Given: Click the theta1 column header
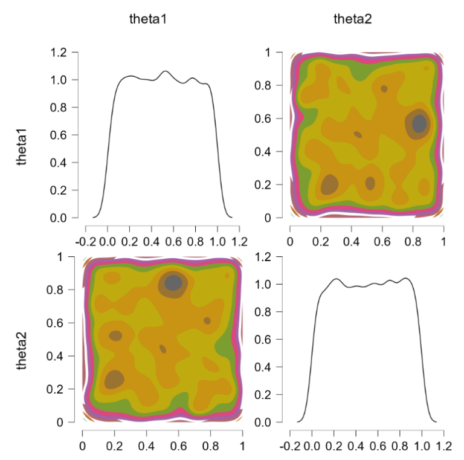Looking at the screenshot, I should tap(148, 19).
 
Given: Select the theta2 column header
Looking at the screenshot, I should tap(353, 19).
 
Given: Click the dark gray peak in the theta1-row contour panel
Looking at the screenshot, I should tap(419, 123).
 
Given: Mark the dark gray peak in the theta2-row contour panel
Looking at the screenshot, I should tap(173, 282).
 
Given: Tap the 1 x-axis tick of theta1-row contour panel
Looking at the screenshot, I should tap(444, 242).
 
